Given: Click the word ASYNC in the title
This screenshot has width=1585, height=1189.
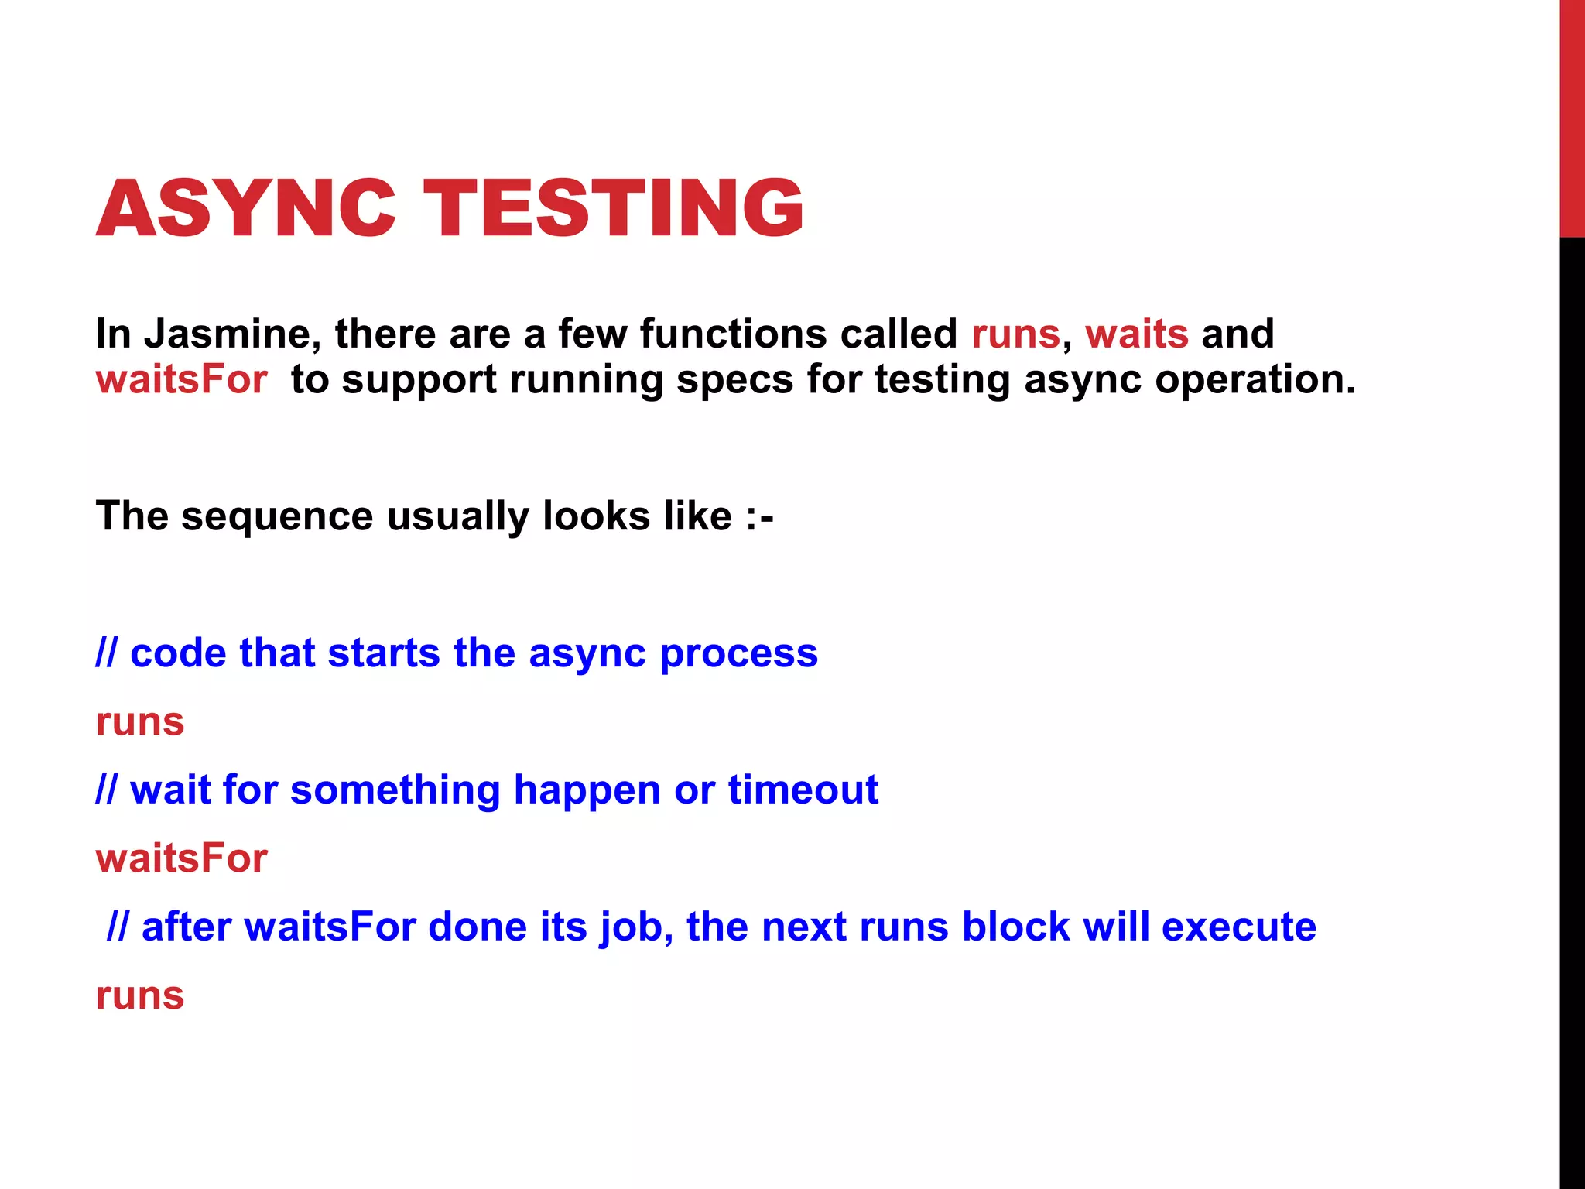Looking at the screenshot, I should (246, 207).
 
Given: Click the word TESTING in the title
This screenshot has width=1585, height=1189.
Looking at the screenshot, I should (614, 207).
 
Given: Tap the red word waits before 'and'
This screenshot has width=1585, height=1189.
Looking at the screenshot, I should (1136, 334).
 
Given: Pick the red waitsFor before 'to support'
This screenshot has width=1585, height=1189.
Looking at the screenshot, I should (181, 379).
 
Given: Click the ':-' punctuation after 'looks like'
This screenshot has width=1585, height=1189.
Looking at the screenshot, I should (759, 516).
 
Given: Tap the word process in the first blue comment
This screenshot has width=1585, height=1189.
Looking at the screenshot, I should (738, 653).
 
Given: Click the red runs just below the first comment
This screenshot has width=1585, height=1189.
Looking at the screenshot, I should (139, 722).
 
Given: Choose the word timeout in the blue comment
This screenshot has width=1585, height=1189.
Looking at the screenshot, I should (803, 790).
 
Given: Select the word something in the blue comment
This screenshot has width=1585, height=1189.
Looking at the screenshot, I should (395, 790).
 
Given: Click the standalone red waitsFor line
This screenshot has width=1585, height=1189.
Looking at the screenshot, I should (181, 858).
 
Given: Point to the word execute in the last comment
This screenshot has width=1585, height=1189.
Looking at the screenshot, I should (1238, 927).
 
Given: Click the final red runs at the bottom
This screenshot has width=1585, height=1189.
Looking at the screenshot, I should (139, 995).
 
